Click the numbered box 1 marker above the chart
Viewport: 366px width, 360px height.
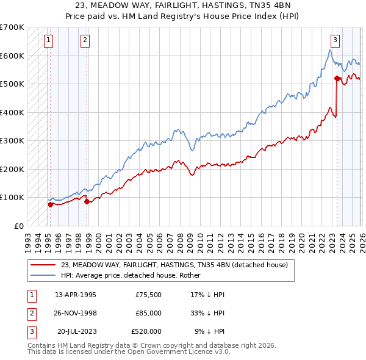tap(48, 41)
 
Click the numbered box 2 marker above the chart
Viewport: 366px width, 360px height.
tap(85, 41)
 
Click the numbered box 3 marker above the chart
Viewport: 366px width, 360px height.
tap(335, 41)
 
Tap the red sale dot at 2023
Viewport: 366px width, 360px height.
tap(337, 78)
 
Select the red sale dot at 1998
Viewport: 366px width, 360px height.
tap(87, 201)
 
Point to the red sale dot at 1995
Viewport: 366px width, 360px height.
tap(50, 204)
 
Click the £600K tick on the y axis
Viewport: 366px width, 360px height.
tap(12, 56)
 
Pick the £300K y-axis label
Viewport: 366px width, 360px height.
tap(12, 140)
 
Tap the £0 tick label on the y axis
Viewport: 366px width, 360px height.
tap(18, 226)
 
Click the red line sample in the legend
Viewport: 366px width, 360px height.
tap(43, 265)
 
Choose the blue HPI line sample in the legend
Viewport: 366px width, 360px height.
tap(43, 275)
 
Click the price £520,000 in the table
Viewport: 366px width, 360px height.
tap(146, 331)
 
